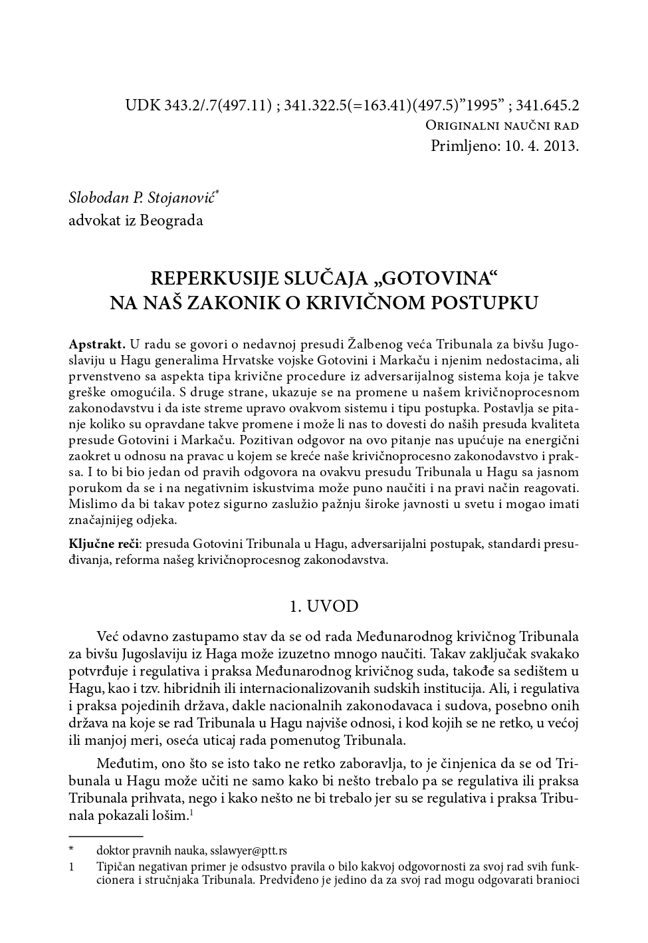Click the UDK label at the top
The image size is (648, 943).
(141, 105)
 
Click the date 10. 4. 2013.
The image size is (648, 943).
(541, 146)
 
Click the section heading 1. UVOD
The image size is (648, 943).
(324, 606)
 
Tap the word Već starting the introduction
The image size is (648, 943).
(110, 636)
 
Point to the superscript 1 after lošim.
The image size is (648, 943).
(191, 812)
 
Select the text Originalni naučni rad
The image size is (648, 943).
(502, 126)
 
